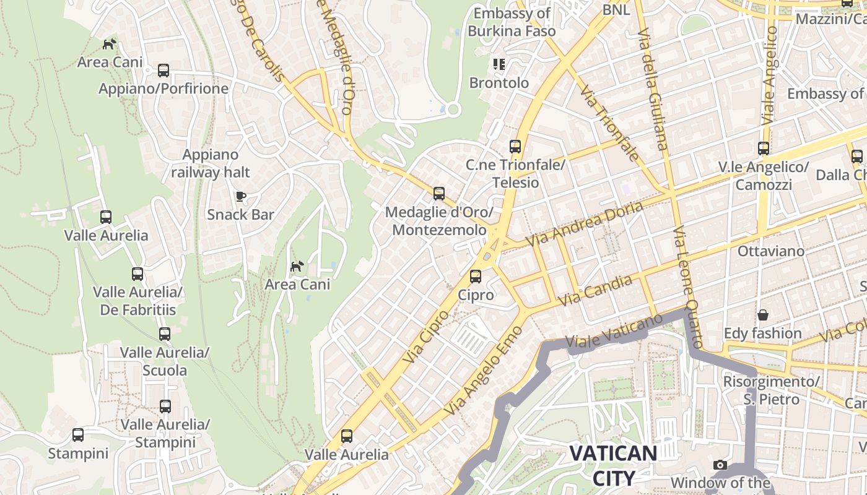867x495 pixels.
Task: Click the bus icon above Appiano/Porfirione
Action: click(x=163, y=71)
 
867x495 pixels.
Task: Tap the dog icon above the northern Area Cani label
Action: click(x=110, y=44)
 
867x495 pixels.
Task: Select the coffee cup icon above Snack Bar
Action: click(x=241, y=197)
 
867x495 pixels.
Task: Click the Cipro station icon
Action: click(x=476, y=277)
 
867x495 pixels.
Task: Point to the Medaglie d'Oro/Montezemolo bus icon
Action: click(x=439, y=194)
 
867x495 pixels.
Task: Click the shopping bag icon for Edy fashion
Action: click(x=763, y=315)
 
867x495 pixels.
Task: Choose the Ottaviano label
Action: click(x=771, y=251)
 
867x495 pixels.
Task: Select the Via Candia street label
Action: click(x=595, y=290)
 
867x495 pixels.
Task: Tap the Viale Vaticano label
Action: click(x=614, y=332)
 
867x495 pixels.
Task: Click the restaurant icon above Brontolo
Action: click(x=499, y=64)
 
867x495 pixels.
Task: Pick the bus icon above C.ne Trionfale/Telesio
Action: click(x=515, y=147)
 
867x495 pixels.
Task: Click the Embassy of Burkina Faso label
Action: click(x=512, y=22)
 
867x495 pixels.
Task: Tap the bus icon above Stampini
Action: click(x=78, y=435)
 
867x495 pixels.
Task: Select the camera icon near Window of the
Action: click(x=720, y=465)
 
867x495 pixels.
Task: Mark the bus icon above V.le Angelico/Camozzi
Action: click(x=764, y=148)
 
